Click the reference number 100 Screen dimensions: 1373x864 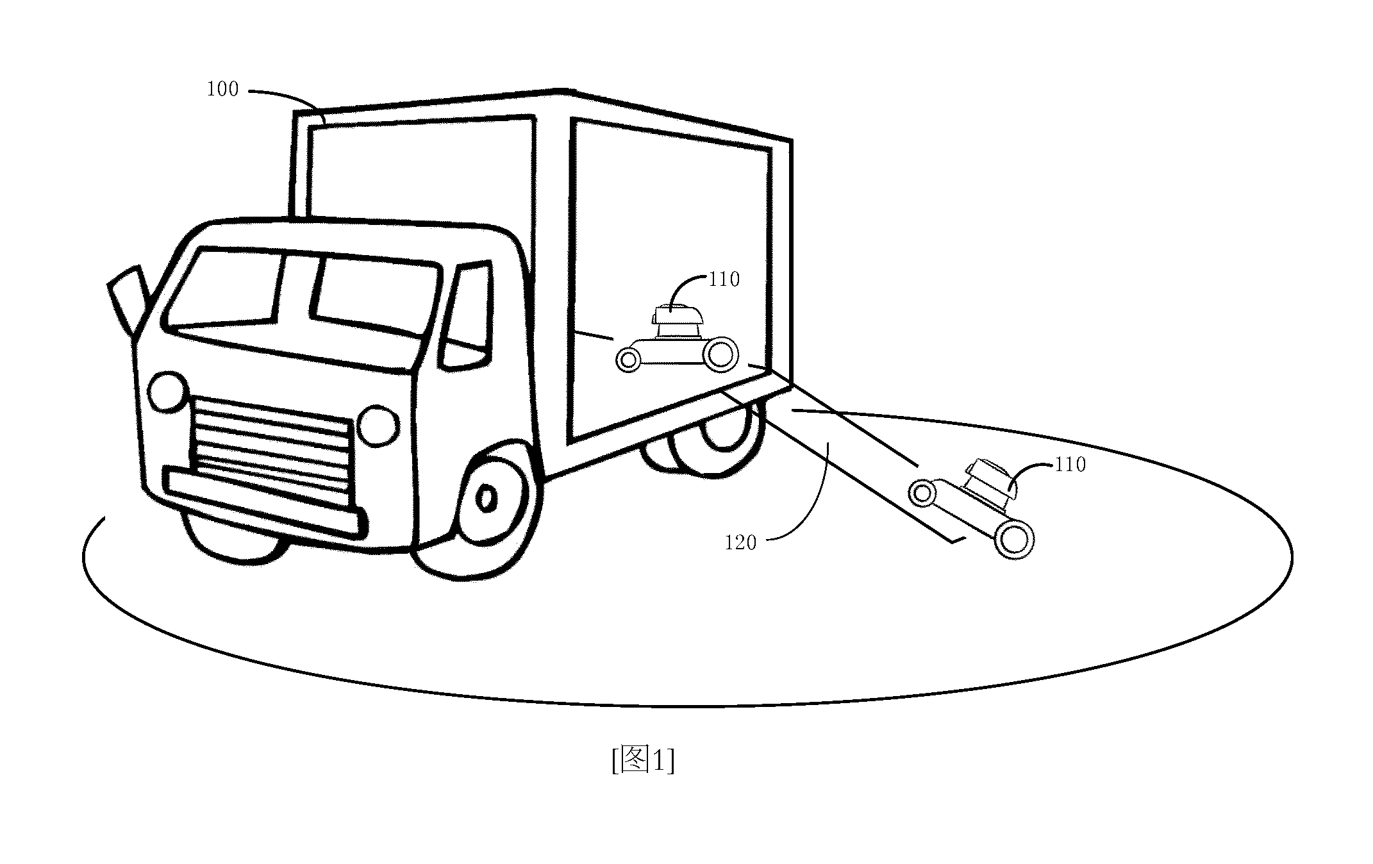click(222, 89)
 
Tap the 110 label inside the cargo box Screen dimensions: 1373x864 click(724, 279)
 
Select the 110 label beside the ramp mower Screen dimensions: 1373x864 click(1070, 464)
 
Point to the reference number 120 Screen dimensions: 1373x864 click(740, 543)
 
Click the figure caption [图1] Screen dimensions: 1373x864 click(643, 761)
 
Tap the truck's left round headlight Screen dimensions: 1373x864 click(167, 392)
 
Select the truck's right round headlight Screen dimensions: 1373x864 click(378, 425)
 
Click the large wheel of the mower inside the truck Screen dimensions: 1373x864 click(720, 354)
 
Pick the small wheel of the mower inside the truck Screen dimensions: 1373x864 click(628, 360)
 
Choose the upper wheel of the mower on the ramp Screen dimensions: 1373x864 click(922, 493)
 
